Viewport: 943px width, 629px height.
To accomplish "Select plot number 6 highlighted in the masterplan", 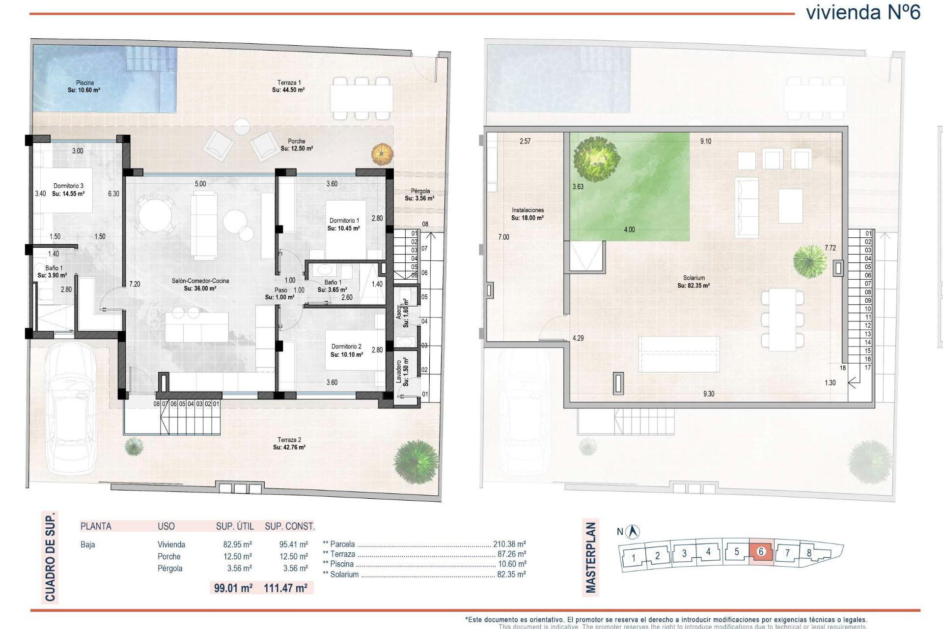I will point(761,552).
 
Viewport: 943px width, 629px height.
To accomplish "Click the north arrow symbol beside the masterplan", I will point(634,531).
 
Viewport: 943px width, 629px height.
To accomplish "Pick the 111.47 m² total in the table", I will point(285,588).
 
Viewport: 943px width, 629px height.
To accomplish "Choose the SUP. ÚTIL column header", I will point(235,526).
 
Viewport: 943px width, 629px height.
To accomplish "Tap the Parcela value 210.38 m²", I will point(509,544).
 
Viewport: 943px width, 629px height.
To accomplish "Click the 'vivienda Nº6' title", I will point(863,12).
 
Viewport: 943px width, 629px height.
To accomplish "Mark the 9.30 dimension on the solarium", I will point(709,394).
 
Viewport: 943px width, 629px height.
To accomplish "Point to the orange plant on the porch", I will point(382,154).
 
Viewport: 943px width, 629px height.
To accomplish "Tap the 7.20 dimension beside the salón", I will point(135,284).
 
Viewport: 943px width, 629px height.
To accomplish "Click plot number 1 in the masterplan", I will point(634,558).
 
